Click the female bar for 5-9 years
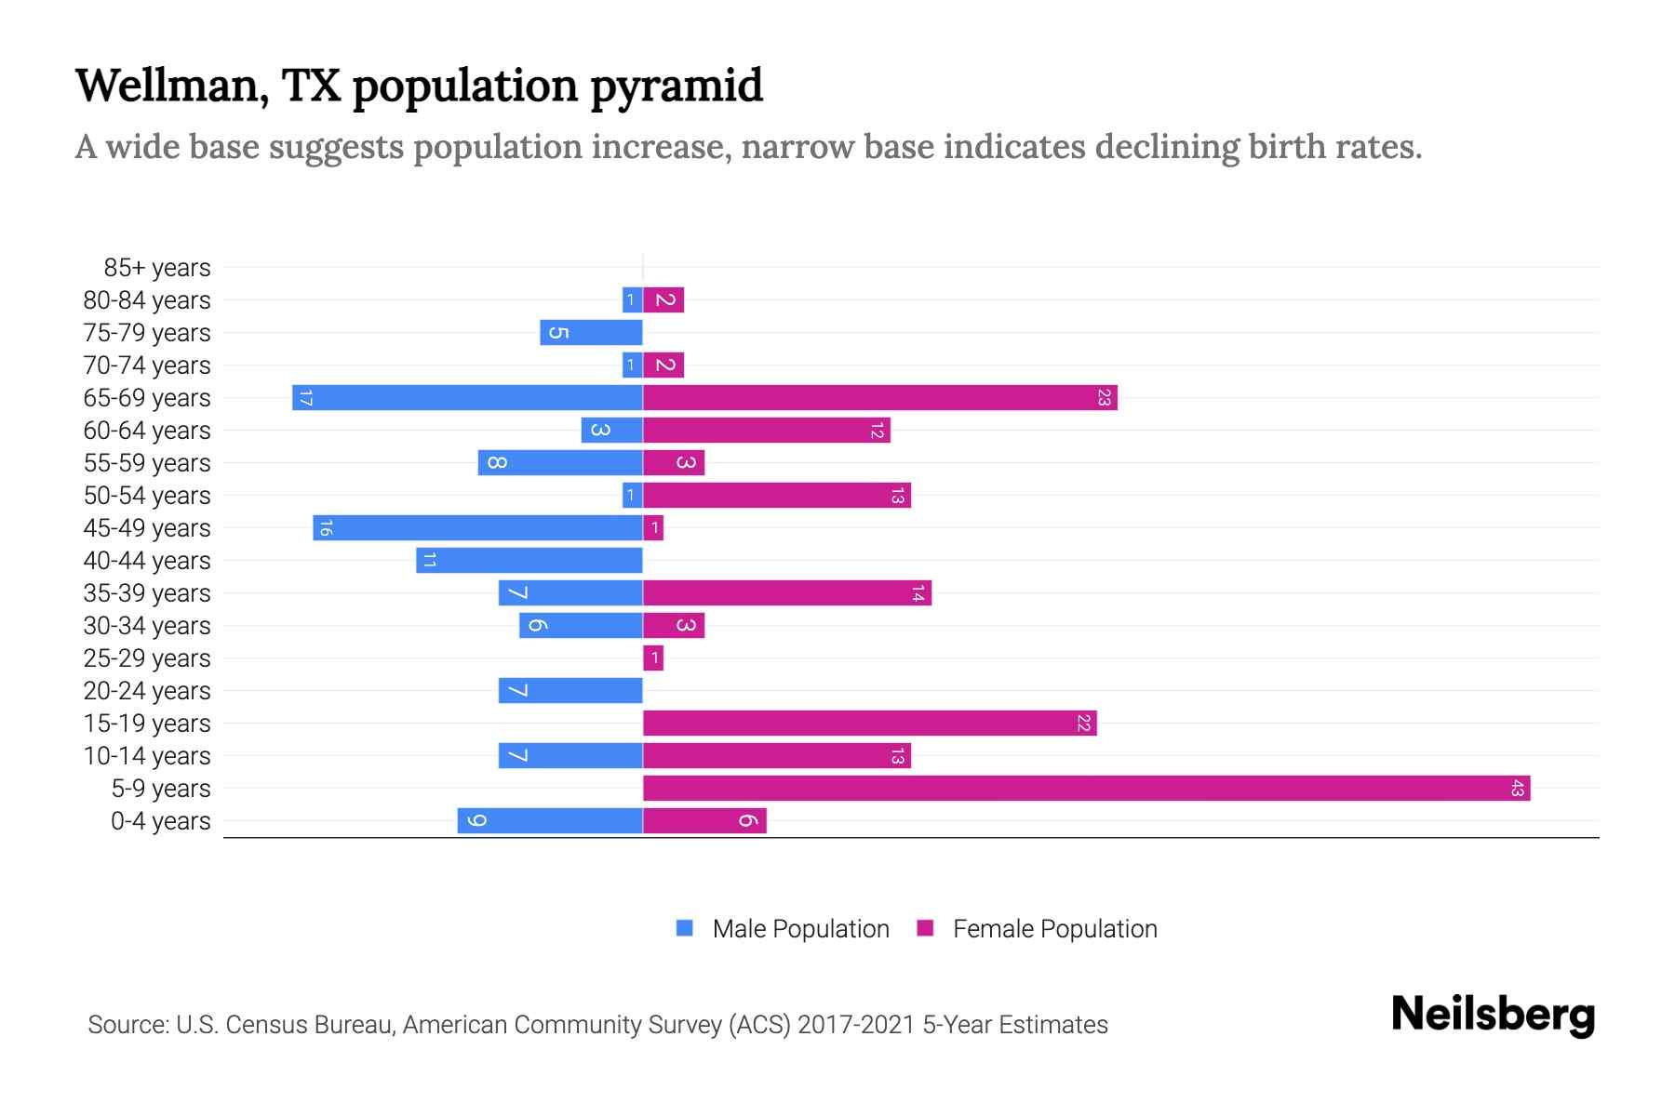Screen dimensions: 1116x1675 [1086, 789]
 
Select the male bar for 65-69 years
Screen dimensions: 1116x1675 [467, 398]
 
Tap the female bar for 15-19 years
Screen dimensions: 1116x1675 [869, 724]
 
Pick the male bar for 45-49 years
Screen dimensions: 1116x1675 [477, 528]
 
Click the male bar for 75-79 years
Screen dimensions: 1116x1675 [591, 333]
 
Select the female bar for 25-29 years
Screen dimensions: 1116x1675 [653, 658]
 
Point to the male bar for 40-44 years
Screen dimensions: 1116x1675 [529, 561]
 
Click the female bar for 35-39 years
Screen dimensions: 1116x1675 [786, 593]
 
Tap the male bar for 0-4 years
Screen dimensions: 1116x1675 [550, 821]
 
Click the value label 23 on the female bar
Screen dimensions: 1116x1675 [1104, 398]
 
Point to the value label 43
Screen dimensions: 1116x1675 [1517, 789]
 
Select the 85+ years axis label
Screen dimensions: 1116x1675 [156, 268]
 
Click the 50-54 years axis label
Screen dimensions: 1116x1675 [147, 496]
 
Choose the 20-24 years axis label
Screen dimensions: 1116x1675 [147, 691]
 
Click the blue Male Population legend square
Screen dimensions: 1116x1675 [685, 928]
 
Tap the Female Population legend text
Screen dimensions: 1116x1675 [1054, 929]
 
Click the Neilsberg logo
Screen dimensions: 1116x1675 [1493, 1016]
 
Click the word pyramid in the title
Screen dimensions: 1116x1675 [676, 86]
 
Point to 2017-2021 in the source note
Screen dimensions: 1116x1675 [856, 1025]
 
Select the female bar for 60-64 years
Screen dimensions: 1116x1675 [766, 431]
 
